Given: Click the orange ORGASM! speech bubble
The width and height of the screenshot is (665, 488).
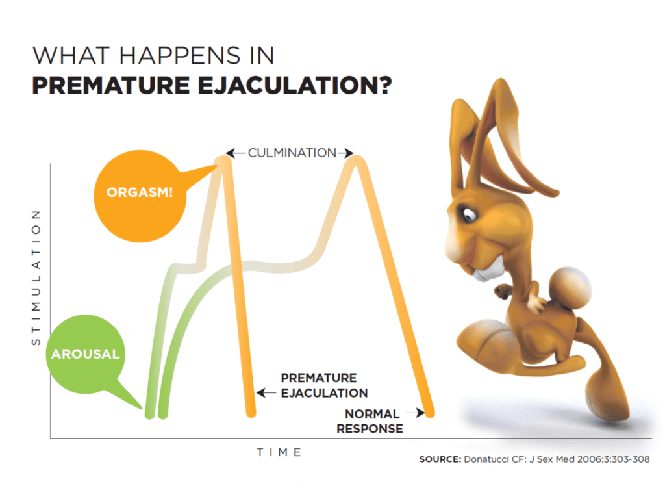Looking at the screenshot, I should [140, 193].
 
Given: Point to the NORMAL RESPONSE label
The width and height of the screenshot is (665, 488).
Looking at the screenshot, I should [373, 421].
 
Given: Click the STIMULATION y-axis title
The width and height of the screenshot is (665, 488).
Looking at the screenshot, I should [36, 277].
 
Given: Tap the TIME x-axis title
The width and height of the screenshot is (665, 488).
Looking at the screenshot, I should [279, 452].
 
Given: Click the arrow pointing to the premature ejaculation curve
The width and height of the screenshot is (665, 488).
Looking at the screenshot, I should [266, 392].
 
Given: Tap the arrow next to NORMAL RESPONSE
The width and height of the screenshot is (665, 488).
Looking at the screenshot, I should [410, 413].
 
